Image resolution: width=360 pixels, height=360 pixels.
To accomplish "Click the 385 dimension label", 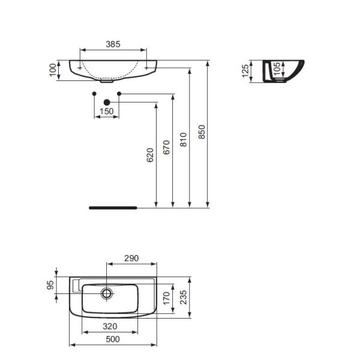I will click(113, 44).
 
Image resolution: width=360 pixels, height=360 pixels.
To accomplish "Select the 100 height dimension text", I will click(53, 70).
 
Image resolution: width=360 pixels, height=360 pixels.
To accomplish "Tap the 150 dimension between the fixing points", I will click(106, 112).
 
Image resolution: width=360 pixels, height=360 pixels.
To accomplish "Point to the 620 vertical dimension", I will click(151, 155).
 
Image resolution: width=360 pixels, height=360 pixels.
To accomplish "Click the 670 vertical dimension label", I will click(167, 147).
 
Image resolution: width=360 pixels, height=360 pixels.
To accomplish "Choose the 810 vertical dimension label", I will click(184, 139).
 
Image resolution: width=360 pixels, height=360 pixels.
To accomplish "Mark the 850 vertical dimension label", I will click(202, 131).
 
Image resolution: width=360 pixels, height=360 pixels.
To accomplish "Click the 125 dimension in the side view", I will click(245, 71).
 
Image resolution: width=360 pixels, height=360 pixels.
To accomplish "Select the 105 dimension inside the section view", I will click(277, 70).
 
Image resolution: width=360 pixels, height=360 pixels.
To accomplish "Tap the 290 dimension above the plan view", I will click(131, 259).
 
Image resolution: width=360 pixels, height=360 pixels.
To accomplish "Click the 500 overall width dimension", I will click(113, 340).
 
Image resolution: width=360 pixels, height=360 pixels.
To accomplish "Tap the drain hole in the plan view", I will click(107, 293).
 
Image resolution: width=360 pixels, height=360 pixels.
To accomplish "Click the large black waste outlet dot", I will click(107, 103).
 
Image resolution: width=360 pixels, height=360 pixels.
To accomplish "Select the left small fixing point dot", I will click(94, 94).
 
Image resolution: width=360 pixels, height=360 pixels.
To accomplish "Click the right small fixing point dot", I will click(119, 94).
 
